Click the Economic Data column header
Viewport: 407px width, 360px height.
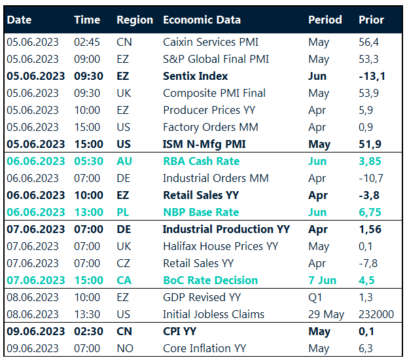pyautogui.click(x=202, y=20)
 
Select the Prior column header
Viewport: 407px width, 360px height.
pyautogui.click(x=371, y=20)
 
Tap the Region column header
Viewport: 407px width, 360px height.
pyautogui.click(x=135, y=20)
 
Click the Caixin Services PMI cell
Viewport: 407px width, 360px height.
pyautogui.click(x=211, y=42)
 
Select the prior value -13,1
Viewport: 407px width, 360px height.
pyautogui.click(x=372, y=76)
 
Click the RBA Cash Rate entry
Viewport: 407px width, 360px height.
pyautogui.click(x=201, y=161)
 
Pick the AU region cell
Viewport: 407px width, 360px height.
pyautogui.click(x=124, y=161)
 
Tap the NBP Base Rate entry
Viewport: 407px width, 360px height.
pyautogui.click(x=201, y=212)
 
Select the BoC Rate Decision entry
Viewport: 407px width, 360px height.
pyautogui.click(x=210, y=280)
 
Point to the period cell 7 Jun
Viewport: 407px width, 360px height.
pyautogui.click(x=322, y=280)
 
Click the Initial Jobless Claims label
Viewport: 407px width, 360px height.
pyautogui.click(x=213, y=314)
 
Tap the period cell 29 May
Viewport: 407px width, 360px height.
pyautogui.click(x=326, y=314)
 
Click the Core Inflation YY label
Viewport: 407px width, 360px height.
pyautogui.click(x=205, y=348)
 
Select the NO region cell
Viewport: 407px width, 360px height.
pyautogui.click(x=124, y=348)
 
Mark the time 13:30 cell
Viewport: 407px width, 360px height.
pyautogui.click(x=87, y=314)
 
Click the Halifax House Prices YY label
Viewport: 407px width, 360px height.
pyautogui.click(x=221, y=246)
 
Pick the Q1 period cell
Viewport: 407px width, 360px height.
pyautogui.click(x=315, y=297)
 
